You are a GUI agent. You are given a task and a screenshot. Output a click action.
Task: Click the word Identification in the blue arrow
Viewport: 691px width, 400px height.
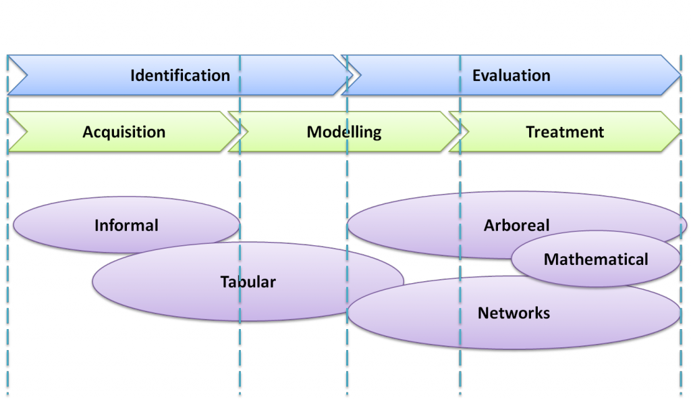180,76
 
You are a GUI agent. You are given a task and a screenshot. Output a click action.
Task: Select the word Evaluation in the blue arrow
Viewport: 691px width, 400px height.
511,76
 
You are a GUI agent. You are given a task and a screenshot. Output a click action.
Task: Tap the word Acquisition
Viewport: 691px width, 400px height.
123,132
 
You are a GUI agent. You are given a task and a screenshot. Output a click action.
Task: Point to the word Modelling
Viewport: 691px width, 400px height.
344,132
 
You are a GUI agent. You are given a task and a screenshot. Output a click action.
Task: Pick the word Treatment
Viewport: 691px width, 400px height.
565,132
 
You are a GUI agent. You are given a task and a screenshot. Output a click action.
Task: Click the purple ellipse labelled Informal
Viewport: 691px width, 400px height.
126,225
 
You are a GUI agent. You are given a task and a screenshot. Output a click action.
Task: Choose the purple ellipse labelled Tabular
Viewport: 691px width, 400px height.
248,282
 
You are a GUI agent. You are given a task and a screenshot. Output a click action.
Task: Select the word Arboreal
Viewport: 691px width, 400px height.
516,225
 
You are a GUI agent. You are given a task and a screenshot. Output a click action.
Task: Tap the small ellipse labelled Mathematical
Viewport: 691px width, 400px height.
596,259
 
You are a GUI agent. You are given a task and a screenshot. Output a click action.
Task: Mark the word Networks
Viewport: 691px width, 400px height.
514,313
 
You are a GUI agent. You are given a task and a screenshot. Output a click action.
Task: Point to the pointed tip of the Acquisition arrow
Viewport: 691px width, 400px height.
241,132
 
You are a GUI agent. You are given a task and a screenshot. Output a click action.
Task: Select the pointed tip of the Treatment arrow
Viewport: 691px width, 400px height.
682,132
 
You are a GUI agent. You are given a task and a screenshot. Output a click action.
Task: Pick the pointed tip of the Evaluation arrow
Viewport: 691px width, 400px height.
682,76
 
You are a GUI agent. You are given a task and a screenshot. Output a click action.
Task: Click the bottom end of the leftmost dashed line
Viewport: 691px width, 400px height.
7,395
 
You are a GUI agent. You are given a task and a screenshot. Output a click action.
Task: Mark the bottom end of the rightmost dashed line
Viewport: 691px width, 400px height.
680,395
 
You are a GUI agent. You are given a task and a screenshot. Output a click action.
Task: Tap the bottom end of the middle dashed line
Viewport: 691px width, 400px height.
348,395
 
